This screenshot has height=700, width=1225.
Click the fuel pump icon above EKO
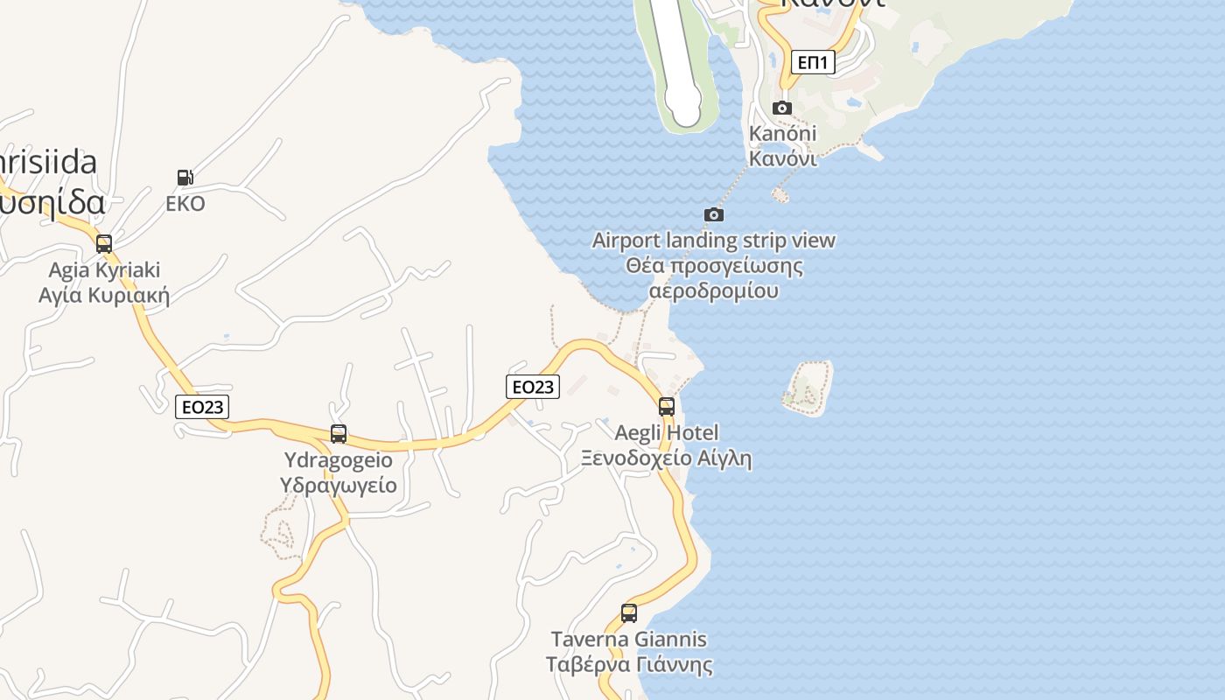[185, 178]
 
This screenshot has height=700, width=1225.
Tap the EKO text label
[185, 204]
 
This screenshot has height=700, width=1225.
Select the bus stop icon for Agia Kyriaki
[104, 244]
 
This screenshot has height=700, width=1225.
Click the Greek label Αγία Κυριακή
[104, 295]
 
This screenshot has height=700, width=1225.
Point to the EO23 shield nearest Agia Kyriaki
[202, 406]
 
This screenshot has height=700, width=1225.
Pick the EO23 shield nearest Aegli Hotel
[533, 386]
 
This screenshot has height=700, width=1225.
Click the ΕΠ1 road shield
[813, 62]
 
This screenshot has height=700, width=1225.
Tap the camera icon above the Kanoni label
[782, 108]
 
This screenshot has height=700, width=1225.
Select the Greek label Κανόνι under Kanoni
[783, 159]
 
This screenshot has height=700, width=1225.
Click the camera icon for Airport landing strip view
[714, 214]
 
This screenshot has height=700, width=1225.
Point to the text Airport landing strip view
[714, 240]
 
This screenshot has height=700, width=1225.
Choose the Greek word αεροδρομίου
[714, 290]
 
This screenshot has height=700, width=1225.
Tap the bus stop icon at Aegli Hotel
[667, 406]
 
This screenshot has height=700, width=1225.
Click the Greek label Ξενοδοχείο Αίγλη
[667, 458]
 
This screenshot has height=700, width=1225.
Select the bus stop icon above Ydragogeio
[339, 433]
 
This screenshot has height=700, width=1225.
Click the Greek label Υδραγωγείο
[339, 485]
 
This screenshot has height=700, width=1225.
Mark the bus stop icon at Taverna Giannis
[629, 613]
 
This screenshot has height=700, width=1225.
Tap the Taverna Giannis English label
[629, 639]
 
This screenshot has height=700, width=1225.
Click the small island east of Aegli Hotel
[808, 388]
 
